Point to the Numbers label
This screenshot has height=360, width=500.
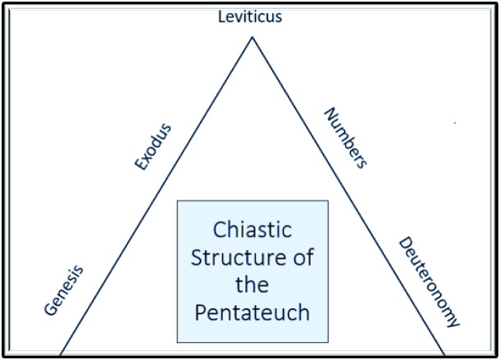click(345, 137)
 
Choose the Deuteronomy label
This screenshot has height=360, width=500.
click(429, 282)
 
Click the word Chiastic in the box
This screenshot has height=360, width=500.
click(252, 229)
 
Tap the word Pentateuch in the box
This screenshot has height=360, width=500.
click(252, 313)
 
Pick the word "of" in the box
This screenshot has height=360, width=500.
click(302, 257)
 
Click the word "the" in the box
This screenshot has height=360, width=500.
click(252, 285)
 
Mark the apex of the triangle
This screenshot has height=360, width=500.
click(252, 38)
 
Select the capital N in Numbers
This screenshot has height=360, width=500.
click(327, 112)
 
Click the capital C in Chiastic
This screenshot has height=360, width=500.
click(220, 229)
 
